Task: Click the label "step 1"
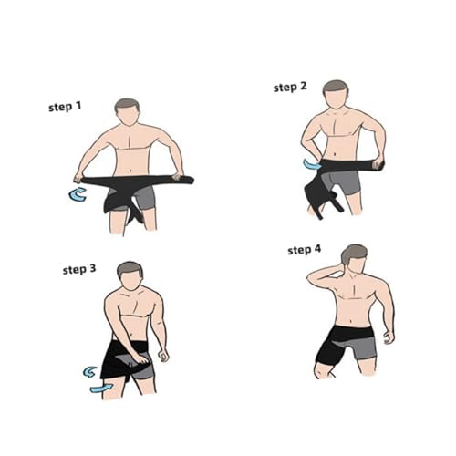point(65,107)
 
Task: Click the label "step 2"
point(290,87)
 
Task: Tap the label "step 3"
point(79,269)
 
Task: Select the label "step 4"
point(304,250)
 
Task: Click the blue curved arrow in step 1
point(76,195)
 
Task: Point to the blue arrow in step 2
point(312,164)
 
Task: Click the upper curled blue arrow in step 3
point(89,372)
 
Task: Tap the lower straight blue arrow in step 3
point(101,388)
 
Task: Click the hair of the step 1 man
point(127,105)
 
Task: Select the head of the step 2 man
point(335,94)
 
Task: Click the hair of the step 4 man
point(354,254)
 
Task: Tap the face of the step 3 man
point(130,281)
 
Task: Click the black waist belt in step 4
point(352,334)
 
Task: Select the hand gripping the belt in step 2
point(378,162)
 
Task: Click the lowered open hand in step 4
point(389,337)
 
